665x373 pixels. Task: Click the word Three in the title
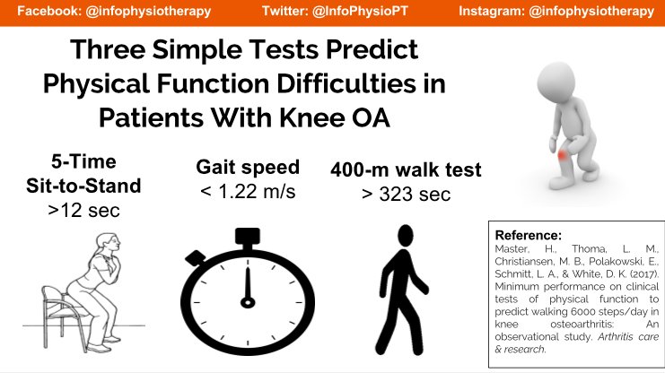pyautogui.click(x=113, y=50)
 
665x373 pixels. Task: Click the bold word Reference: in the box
pyautogui.click(x=528, y=234)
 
